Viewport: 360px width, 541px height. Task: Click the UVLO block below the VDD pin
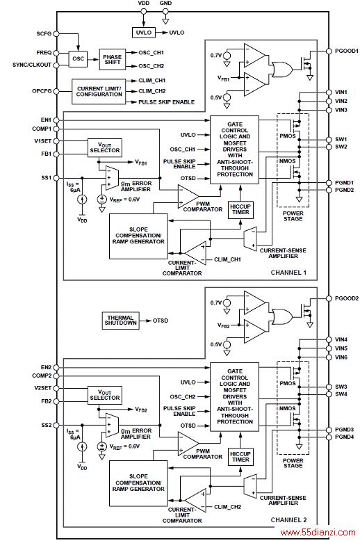tap(143, 33)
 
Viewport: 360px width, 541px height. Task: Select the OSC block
tap(78, 58)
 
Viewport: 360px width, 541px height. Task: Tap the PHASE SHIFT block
tap(112, 59)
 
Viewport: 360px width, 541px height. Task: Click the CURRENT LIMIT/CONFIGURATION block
tap(99, 91)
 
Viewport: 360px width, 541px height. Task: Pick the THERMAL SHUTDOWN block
tap(120, 320)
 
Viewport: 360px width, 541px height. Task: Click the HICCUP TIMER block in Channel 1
tap(240, 209)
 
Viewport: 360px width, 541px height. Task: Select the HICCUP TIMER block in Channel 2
tap(240, 457)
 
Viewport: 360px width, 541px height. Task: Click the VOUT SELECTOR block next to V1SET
tap(104, 147)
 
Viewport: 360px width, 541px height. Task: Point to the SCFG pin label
tap(44, 34)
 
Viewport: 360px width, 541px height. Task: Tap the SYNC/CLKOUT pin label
tap(32, 65)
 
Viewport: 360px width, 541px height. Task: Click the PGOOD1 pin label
tap(347, 51)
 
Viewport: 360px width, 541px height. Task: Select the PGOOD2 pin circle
tap(329, 298)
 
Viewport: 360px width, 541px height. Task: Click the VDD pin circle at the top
tap(143, 11)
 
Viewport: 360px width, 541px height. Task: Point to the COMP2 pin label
tap(42, 376)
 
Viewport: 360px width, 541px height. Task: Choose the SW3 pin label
tap(341, 387)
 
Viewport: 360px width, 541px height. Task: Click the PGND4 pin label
tap(345, 437)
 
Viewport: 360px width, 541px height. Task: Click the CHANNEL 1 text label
tap(288, 273)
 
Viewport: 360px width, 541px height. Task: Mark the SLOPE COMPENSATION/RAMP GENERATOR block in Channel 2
tap(138, 483)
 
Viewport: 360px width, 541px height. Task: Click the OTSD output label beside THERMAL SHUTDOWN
tap(161, 321)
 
